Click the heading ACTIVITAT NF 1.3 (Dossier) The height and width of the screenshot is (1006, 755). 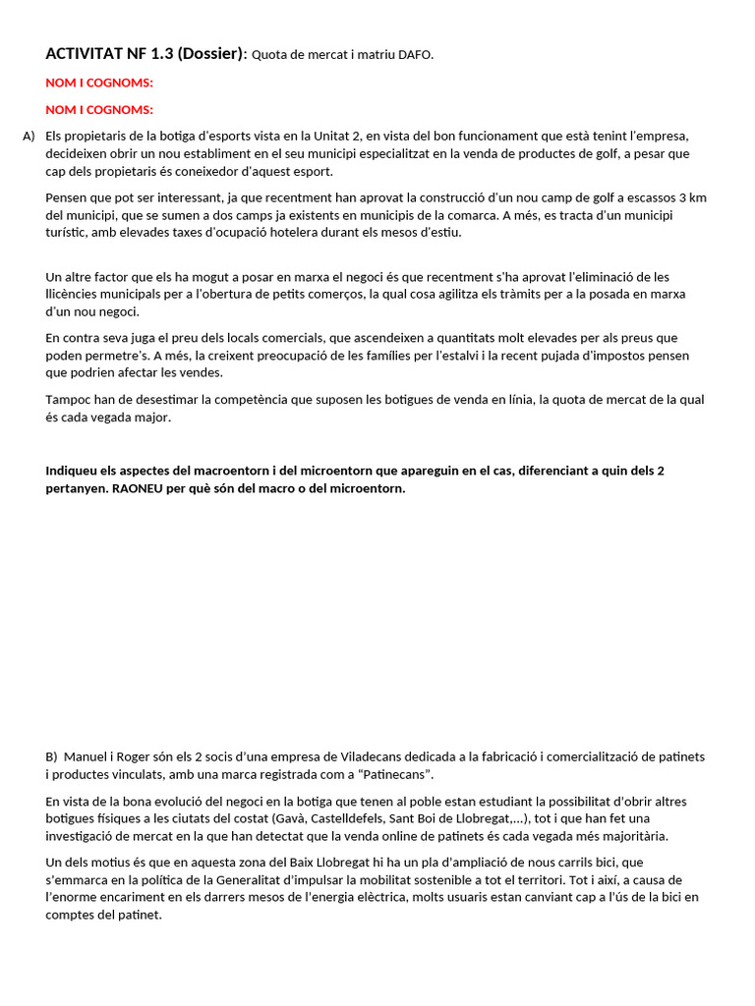145,54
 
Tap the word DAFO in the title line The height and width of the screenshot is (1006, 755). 415,55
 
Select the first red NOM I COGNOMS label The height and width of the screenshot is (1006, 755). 99,83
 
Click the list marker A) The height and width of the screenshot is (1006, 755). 29,136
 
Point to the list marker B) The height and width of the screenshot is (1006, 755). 52,757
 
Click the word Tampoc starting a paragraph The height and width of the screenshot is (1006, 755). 68,400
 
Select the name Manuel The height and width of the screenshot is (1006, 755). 86,757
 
